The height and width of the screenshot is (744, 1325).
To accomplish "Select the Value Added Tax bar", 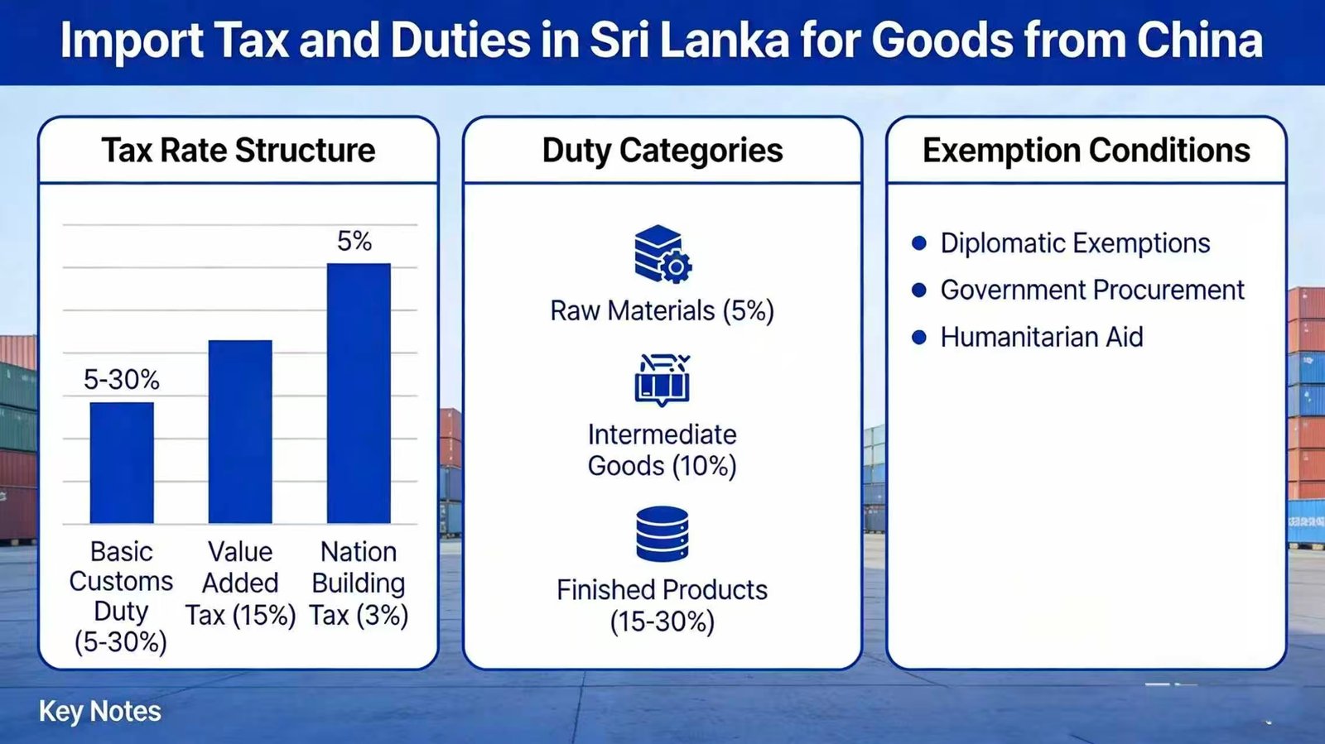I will (240, 431).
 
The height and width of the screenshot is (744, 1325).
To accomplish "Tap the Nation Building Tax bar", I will (359, 393).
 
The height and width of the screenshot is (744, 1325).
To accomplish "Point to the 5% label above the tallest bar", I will (354, 242).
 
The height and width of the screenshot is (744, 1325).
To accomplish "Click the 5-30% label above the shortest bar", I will (121, 380).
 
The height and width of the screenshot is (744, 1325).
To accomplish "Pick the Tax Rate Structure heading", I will (238, 151).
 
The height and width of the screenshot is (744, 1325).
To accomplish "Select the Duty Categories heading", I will (662, 151).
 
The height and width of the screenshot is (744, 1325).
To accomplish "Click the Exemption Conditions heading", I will (1086, 151).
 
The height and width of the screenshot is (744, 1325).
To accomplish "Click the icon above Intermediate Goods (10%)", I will (662, 379).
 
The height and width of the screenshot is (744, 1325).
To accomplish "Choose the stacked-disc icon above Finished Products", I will (662, 535).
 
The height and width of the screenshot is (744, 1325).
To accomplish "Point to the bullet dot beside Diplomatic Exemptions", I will (918, 243).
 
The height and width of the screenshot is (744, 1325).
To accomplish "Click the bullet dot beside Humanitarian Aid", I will (918, 338).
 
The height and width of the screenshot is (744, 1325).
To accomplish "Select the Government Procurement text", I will (1092, 290).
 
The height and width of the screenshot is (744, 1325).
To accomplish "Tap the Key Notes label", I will (100, 712).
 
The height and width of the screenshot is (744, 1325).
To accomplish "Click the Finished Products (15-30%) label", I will (662, 605).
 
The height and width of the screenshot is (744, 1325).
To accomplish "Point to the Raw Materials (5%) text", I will (662, 311).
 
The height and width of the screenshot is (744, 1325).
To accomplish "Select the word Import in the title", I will (132, 40).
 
